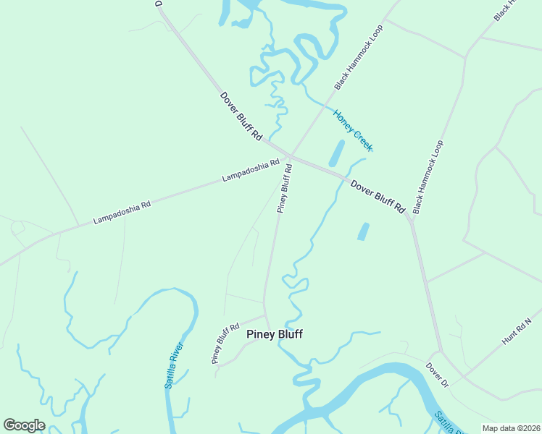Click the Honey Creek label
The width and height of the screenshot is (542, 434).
[x=353, y=130]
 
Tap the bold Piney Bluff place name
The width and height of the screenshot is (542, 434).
[x=275, y=334]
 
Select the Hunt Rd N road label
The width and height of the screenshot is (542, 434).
[x=517, y=331]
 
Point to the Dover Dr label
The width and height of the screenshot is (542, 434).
[x=438, y=375]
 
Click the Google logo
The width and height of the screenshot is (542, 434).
[x=24, y=425]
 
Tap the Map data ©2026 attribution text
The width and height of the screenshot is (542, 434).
[x=510, y=428]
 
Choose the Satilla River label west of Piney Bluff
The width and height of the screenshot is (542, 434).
[x=174, y=365]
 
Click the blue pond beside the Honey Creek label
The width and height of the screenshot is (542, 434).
[x=336, y=153]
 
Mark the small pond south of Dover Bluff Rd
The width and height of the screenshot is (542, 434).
[x=363, y=231]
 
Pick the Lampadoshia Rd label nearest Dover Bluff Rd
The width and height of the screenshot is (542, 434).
[x=251, y=171]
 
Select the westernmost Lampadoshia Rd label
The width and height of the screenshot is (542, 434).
[x=122, y=212]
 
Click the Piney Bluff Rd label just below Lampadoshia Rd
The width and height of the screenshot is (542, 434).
[x=285, y=188]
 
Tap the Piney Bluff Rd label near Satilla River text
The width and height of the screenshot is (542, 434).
[x=225, y=343]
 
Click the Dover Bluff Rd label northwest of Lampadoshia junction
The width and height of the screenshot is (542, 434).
[x=241, y=116]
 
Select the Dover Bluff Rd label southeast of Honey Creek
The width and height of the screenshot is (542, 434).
[x=378, y=195]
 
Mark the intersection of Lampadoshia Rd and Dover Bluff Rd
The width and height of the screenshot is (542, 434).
[x=288, y=156]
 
